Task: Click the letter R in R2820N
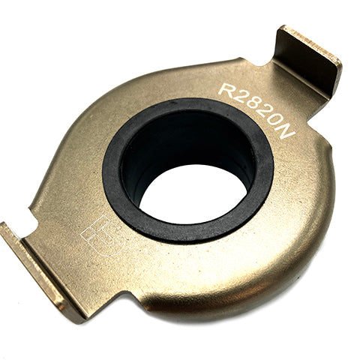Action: click(x=227, y=89)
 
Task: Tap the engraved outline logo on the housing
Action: click(x=103, y=235)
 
